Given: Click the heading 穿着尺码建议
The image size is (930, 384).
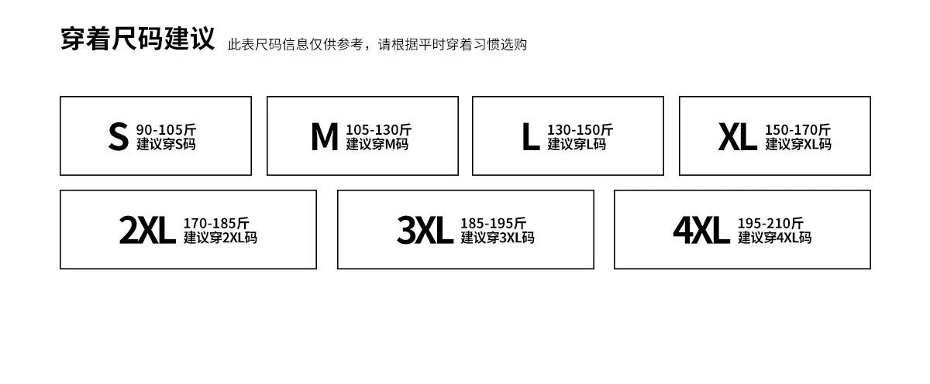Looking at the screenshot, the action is tap(137, 39).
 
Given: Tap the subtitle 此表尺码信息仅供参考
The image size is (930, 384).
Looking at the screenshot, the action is tap(295, 44).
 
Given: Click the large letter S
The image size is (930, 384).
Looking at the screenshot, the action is tap(119, 136).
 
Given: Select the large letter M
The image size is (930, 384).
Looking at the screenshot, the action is tap(324, 136).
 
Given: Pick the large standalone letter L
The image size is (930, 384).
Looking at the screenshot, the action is tap(531, 136).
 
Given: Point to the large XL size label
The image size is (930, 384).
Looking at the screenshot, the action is tap(737, 136).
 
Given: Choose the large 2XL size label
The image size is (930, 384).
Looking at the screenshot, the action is tap(147, 230).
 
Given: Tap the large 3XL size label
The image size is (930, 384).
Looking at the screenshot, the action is tap(425, 230).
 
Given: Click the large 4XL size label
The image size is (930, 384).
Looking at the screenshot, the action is tap(701, 230).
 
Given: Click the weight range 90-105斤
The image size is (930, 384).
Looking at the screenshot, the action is tap(166, 130).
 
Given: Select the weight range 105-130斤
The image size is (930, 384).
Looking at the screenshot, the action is tap(379, 130).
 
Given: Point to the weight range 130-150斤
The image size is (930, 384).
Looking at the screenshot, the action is tap(580, 130).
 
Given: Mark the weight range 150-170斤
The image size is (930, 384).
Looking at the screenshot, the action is tap(798, 130).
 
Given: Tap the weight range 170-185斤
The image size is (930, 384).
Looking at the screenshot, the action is tap(216, 224).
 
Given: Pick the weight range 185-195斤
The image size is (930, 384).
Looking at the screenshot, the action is tap(493, 224).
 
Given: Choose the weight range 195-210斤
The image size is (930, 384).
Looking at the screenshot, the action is tap(770, 224).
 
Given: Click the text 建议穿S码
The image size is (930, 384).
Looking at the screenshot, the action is tap(166, 144).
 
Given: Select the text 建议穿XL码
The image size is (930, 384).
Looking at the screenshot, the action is tap(798, 144).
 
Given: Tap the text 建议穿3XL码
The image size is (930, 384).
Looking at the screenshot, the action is tap(498, 238).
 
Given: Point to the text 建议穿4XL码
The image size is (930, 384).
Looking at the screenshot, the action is tap(775, 238).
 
